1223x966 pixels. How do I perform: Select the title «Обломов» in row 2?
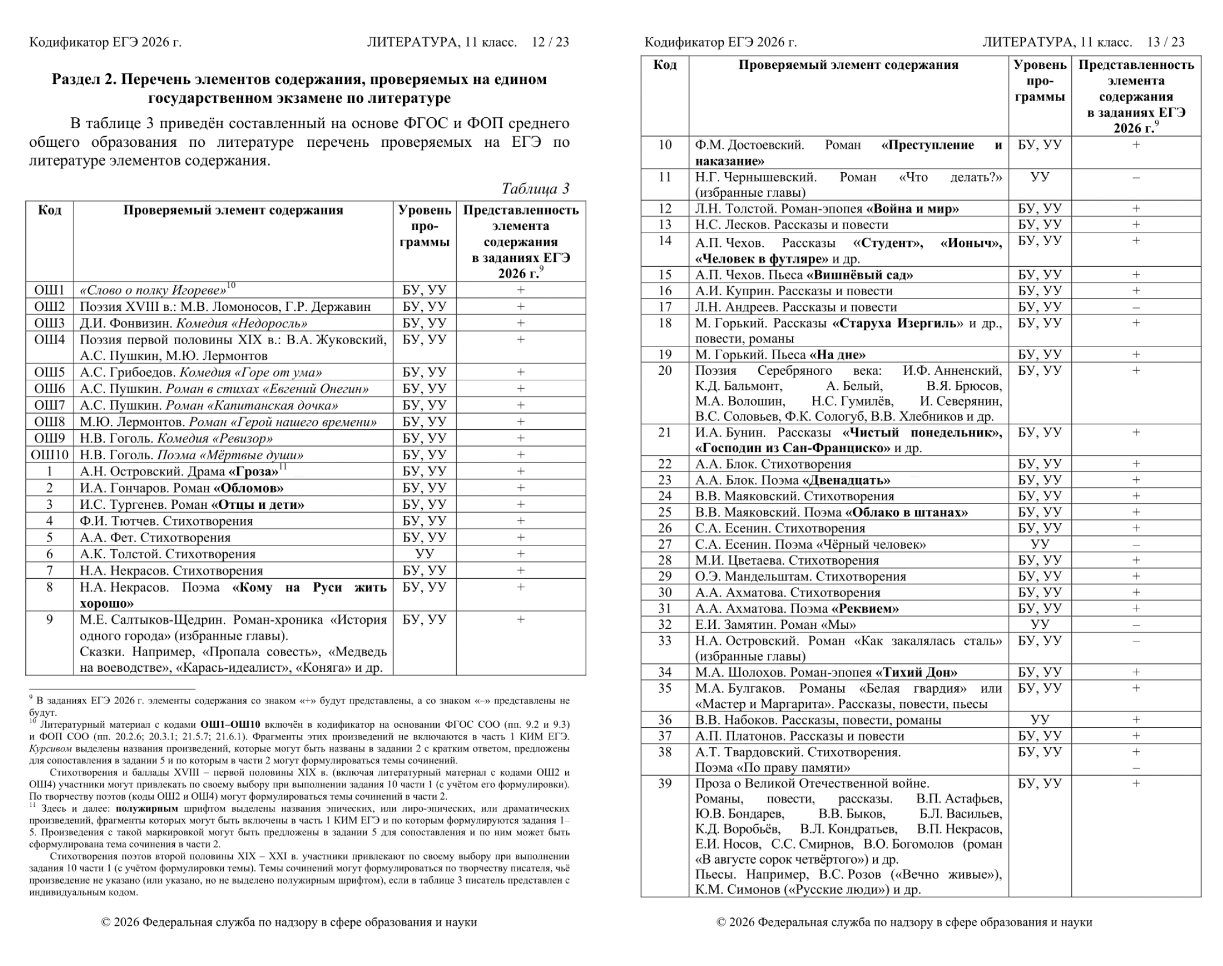pos(248,488)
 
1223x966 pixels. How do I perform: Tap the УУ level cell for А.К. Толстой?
pos(424,554)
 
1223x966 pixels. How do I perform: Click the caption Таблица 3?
pos(535,188)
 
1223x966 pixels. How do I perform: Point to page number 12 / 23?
pos(550,42)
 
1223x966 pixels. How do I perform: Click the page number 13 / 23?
pos(1165,42)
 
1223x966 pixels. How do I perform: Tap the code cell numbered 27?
pos(664,545)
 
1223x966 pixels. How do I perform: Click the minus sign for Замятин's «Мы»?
pos(1136,626)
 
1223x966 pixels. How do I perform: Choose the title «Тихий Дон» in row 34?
pos(916,673)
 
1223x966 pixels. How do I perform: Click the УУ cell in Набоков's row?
pos(1039,721)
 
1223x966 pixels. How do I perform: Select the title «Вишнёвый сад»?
pos(859,275)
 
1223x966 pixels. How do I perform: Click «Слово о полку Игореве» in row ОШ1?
pos(153,290)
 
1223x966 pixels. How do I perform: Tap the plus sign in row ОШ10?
pos(520,454)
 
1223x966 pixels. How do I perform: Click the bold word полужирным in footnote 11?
pos(146,809)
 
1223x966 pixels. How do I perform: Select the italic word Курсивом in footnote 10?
pos(51,749)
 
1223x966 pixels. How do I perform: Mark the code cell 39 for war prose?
pos(664,784)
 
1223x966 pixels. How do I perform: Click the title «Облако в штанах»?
pos(906,513)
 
